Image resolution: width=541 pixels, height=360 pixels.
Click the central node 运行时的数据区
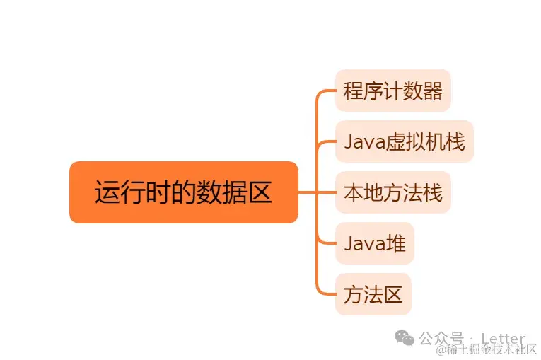click(183, 192)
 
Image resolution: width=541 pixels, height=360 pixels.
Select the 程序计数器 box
click(392, 91)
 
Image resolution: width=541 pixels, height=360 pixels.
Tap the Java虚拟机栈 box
click(404, 141)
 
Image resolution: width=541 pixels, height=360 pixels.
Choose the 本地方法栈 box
click(392, 192)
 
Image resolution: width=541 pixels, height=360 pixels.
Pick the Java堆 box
click(374, 243)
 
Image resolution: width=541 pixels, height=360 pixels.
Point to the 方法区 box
click(373, 294)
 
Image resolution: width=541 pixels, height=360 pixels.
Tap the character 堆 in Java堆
click(396, 243)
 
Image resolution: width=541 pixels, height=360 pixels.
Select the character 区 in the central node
click(260, 192)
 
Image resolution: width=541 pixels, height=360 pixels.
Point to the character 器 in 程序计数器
click(432, 91)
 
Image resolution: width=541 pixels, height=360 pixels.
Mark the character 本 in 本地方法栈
click(353, 192)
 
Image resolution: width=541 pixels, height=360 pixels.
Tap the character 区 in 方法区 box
click(392, 294)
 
